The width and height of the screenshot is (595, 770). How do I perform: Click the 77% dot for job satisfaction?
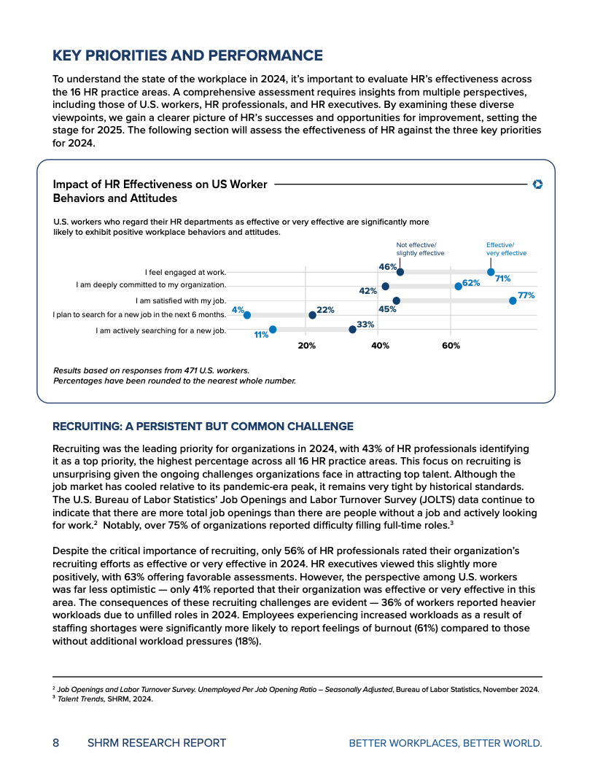513,300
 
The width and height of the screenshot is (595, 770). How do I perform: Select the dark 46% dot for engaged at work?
400,272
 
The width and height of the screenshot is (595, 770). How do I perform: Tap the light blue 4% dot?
246,315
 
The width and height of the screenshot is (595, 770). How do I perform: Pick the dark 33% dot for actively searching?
352,330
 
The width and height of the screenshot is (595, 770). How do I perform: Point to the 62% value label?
470,283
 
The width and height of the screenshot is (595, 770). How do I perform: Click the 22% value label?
325,310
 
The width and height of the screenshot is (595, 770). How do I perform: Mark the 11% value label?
261,335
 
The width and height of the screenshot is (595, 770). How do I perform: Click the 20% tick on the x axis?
306,346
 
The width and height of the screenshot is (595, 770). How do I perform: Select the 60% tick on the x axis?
451,346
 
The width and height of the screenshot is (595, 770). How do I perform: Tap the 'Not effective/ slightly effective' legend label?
420,249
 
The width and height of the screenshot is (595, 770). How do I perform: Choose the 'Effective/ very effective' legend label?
506,249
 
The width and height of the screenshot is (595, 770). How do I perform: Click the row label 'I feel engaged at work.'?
185,272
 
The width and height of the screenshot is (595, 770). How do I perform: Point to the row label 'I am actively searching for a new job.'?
160,330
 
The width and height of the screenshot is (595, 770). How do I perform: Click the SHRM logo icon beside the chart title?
538,184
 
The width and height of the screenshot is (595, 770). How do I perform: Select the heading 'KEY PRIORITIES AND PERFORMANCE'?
187,55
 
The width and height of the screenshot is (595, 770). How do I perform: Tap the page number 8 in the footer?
56,743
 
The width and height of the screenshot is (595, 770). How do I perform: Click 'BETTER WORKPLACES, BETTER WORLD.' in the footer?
446,743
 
